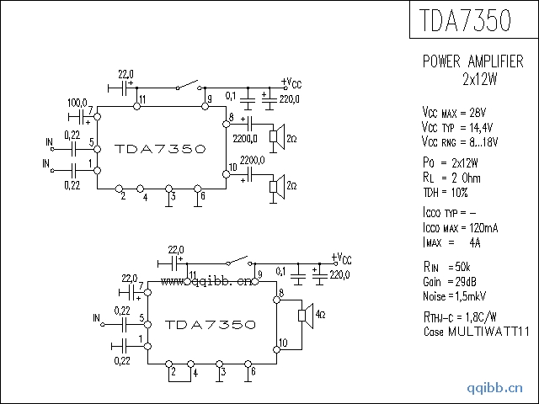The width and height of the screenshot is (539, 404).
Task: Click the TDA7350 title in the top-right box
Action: pyautogui.click(x=465, y=20)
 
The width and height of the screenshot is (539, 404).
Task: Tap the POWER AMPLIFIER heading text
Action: pyautogui.click(x=473, y=61)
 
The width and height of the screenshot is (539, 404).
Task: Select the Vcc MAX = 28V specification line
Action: pyautogui.click(x=454, y=112)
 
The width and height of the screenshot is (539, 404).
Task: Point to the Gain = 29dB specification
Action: pyautogui.click(x=450, y=282)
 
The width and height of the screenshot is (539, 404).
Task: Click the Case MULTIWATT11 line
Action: pyautogui.click(x=476, y=332)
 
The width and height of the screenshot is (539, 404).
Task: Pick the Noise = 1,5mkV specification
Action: pyautogui.click(x=454, y=296)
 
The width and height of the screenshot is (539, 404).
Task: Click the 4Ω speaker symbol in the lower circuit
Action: pyautogui.click(x=306, y=316)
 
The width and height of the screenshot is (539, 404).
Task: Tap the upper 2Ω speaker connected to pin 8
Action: pyautogui.click(x=277, y=137)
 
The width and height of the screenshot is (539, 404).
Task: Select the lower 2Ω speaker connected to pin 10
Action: pyautogui.click(x=277, y=187)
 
